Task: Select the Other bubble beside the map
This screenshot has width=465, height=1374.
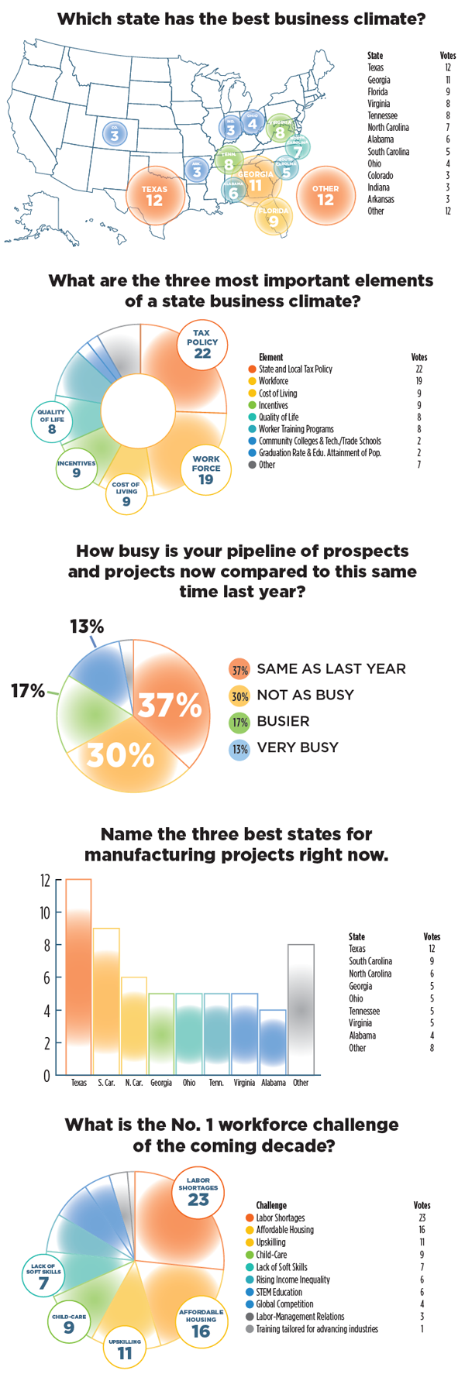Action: click(325, 195)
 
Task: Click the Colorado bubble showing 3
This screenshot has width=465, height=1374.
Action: click(115, 132)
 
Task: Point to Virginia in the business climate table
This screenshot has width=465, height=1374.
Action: click(379, 104)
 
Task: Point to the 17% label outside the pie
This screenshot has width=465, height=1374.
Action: click(28, 690)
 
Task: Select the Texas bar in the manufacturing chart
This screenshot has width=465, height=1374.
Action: click(78, 976)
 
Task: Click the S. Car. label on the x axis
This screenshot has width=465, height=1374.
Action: click(107, 1083)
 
